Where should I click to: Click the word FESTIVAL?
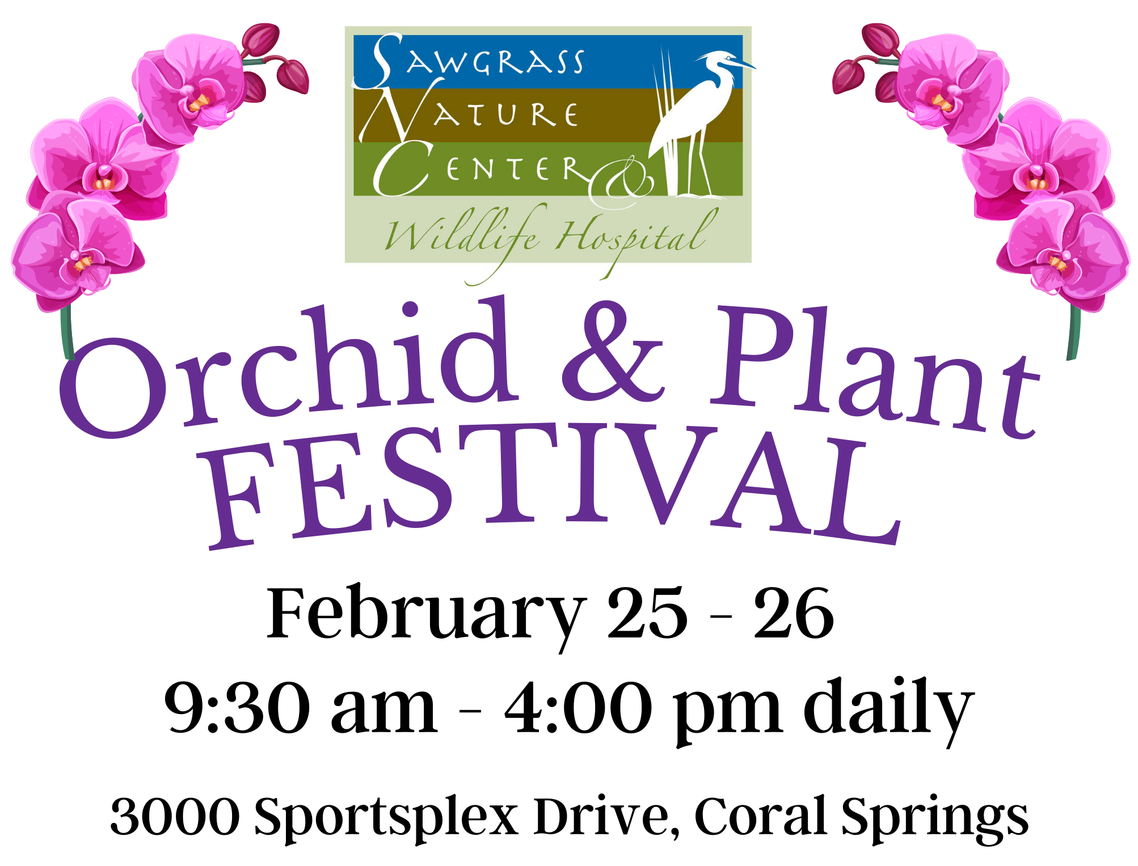tap(553, 485)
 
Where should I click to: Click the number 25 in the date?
tap(647, 613)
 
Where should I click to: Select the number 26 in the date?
tap(794, 613)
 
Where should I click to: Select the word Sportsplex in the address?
tap(386, 819)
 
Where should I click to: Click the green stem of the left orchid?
tap(67, 332)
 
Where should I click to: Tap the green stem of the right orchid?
tap(1073, 332)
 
